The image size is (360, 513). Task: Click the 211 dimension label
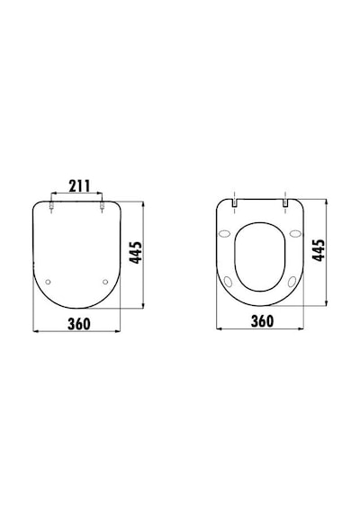[x=79, y=185]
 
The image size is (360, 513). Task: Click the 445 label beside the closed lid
[x=136, y=252]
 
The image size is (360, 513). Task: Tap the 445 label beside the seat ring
[x=319, y=250]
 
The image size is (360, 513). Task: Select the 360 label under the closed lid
[x=79, y=324]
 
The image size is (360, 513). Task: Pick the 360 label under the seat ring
[x=262, y=321]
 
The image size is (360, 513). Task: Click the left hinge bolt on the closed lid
[x=51, y=206]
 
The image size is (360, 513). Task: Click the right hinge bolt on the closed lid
[x=102, y=206]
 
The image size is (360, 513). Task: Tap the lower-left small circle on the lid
[x=49, y=282]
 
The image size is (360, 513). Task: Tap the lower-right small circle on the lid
[x=105, y=282]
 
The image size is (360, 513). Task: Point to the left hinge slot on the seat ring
[x=234, y=202]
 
